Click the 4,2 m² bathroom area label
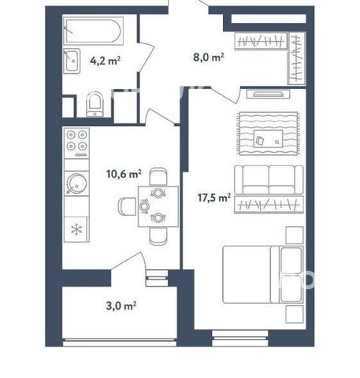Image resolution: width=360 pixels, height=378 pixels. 105,61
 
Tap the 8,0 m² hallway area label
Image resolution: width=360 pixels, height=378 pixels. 209,57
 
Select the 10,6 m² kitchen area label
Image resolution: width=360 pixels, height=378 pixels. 124,174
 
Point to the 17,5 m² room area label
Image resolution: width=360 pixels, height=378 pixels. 214,198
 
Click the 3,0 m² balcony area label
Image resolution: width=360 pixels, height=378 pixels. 121,306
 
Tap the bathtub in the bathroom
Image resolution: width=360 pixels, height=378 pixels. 94,31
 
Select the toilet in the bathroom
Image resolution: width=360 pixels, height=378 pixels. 95,104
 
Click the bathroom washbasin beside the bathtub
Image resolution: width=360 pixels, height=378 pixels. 72,61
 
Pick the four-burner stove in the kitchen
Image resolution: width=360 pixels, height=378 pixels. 76,143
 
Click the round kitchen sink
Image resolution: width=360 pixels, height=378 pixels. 76,183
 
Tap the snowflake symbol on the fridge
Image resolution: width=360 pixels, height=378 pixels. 76,229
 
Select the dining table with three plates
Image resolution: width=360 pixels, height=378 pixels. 158,206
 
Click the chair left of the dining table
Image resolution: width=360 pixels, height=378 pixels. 127,206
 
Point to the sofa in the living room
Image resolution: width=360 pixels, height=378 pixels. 269,180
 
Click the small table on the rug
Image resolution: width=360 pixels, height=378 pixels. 268,139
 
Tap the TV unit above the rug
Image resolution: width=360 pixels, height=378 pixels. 268,94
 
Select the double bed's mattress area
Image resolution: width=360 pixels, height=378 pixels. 247,275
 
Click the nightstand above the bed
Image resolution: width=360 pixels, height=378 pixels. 295,235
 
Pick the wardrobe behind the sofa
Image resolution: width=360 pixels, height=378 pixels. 269,204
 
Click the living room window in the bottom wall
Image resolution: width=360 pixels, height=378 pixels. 240,338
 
